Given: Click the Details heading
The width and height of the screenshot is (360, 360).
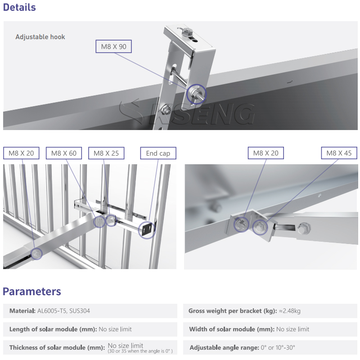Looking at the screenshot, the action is tap(19, 7).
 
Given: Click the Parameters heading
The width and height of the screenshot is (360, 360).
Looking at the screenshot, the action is tap(31, 292).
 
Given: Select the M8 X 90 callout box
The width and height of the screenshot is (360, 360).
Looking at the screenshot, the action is tap(114, 47).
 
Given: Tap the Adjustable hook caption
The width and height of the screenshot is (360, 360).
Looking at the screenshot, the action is tap(40, 37).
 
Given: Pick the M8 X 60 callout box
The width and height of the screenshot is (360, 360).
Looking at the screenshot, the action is tap(64, 153).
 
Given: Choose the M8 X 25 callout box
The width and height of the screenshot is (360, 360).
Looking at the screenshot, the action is tap(106, 153).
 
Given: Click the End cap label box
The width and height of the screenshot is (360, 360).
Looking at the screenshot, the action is tap(158, 153).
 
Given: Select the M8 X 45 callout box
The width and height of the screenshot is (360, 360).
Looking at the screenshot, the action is tap(339, 153).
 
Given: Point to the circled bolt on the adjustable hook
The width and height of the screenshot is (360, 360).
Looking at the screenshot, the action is tap(197, 94).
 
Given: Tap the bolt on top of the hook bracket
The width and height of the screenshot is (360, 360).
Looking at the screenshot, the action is tap(188, 31).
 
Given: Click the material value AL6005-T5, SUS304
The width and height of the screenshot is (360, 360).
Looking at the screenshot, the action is tap(63, 311).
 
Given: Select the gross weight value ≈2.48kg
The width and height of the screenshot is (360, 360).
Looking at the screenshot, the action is tap(290, 311).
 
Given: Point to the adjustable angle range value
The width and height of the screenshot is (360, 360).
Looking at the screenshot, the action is tap(278, 347).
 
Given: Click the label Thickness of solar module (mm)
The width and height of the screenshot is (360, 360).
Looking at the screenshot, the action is tap(57, 347).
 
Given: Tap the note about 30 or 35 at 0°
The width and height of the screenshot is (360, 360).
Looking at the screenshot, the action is tap(140, 351).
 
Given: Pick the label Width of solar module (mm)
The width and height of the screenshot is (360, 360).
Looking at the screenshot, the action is tap(232, 329).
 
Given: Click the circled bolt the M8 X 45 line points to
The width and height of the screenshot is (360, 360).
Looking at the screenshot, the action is tap(260, 227).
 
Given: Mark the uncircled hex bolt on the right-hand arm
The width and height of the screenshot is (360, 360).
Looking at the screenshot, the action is tap(304, 229).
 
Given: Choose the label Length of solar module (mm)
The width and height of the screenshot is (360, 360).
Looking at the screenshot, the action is tap(53, 329).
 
